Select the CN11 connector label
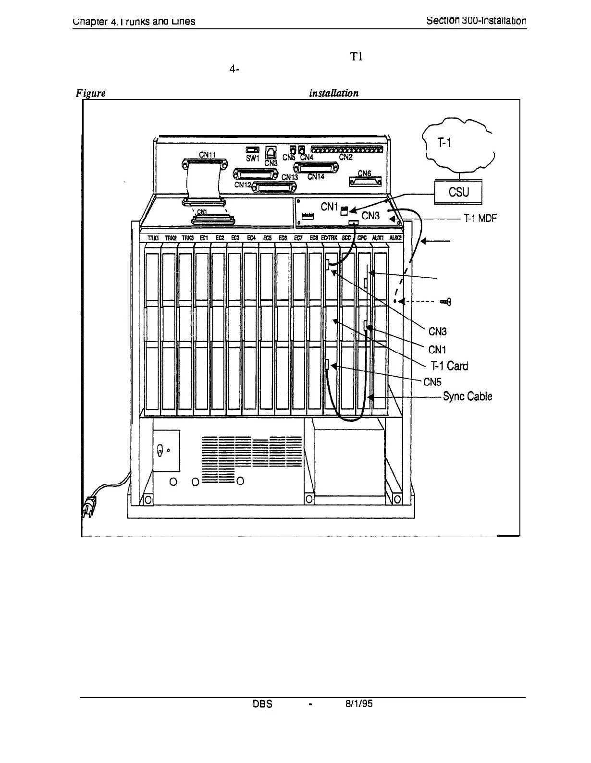(208, 154)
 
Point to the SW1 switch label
(252, 158)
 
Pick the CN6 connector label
(365, 173)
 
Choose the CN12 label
(243, 184)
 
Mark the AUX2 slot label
(395, 237)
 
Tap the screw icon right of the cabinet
(446, 301)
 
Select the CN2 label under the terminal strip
(346, 157)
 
